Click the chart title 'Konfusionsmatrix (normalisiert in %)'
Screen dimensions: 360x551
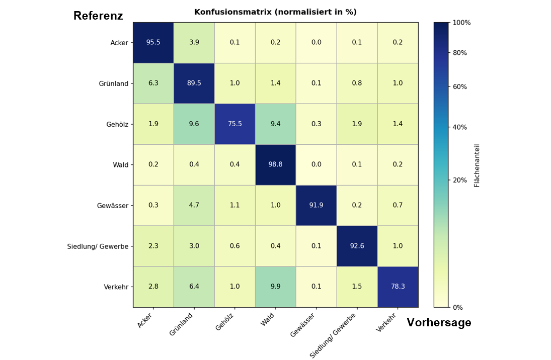click(x=275, y=12)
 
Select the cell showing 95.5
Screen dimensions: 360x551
click(x=153, y=43)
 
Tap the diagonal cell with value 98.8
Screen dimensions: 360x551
click(x=275, y=165)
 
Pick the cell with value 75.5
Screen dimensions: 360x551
click(x=234, y=124)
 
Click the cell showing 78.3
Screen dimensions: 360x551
click(x=398, y=287)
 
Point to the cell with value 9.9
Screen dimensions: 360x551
click(x=275, y=287)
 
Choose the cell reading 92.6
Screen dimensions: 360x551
click(x=357, y=246)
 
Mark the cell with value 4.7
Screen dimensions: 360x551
click(x=194, y=205)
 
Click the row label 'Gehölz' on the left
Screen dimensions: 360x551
click(x=117, y=124)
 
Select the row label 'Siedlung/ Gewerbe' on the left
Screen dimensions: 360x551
click(x=98, y=246)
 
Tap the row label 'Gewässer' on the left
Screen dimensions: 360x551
click(x=113, y=206)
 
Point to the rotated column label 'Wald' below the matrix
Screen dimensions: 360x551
click(x=267, y=319)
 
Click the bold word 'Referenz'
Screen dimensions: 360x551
click(x=98, y=16)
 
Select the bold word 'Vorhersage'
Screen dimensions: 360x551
click(x=439, y=323)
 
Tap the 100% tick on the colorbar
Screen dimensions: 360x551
click(x=462, y=23)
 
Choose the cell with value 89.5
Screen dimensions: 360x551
click(x=194, y=83)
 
